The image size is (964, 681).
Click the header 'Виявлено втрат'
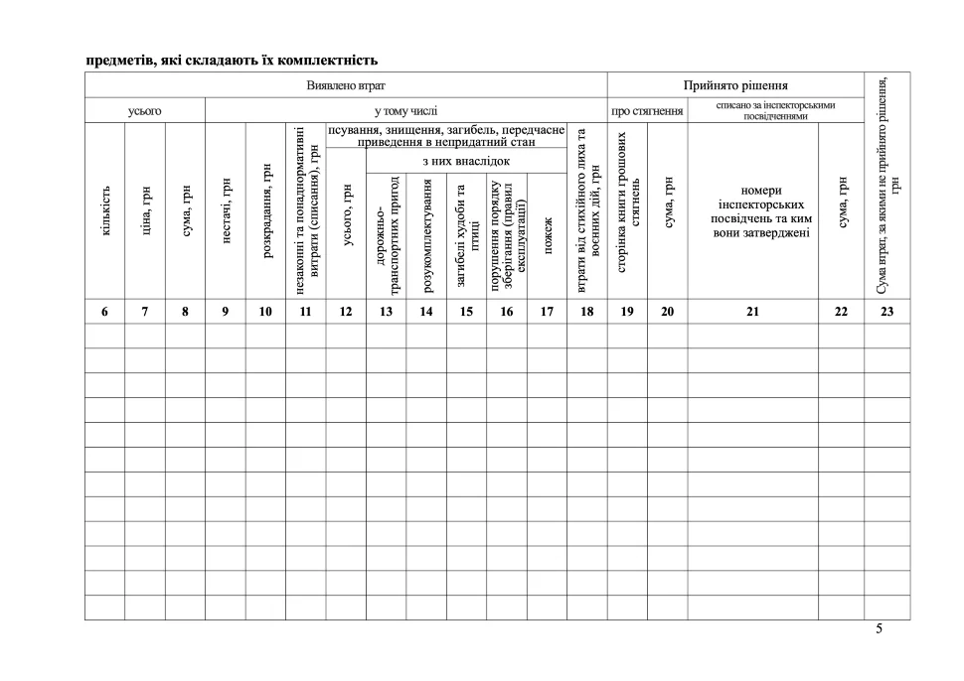pos(346,85)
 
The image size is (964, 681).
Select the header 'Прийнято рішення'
pos(735,85)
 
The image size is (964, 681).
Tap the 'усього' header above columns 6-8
pos(145,111)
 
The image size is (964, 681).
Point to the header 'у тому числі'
pos(405,111)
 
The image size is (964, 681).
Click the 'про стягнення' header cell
pos(647,111)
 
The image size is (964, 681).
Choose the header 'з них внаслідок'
pos(466,161)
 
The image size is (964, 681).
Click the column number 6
pos(105,312)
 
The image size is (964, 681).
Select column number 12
pos(346,312)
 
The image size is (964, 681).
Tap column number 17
pos(547,312)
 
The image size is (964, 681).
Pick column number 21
pos(752,312)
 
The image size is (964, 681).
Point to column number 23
pos(886,312)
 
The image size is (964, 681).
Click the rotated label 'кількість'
pos(105,210)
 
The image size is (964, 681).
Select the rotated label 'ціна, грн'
pos(145,210)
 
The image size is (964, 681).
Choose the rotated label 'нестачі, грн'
pos(226,210)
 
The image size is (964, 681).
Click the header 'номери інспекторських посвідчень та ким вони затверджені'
pos(761,211)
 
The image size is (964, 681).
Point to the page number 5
pos(879,628)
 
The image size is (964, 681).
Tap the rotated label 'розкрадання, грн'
pos(265,210)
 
